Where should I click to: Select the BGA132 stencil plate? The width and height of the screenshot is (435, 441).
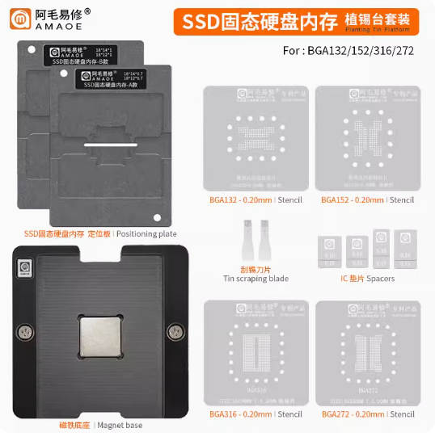(x=254, y=135)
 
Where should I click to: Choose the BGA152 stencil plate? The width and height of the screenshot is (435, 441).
(x=366, y=135)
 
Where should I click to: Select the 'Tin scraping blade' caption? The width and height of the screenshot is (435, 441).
(x=254, y=278)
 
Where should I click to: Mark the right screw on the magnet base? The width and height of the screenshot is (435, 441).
(x=171, y=332)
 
